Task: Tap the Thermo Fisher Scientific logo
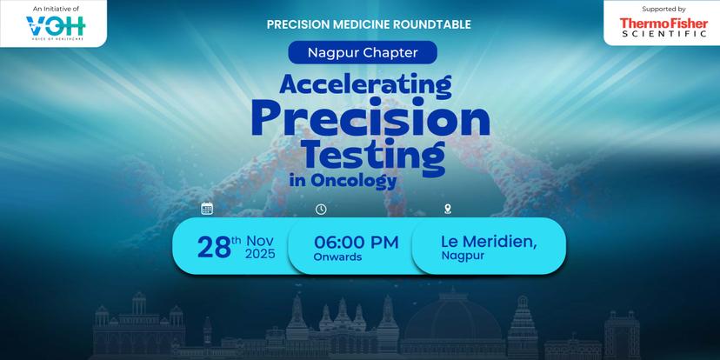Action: (663, 27)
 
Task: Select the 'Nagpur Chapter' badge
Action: (363, 52)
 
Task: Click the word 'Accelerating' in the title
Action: (365, 84)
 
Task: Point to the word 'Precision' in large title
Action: (370, 119)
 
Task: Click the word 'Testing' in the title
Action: (374, 155)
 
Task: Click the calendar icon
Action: (207, 209)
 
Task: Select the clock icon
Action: (321, 210)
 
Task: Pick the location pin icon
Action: (448, 210)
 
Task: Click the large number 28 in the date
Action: (214, 247)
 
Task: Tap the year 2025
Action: (260, 254)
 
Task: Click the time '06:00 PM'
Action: (357, 243)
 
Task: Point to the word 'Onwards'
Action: (337, 257)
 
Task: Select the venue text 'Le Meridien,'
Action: (489, 242)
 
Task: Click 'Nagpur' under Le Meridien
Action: (463, 257)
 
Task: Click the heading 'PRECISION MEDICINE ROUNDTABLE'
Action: (369, 25)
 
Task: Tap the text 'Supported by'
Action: (663, 9)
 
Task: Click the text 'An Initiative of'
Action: (56, 9)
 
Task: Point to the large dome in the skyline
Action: (453, 317)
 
